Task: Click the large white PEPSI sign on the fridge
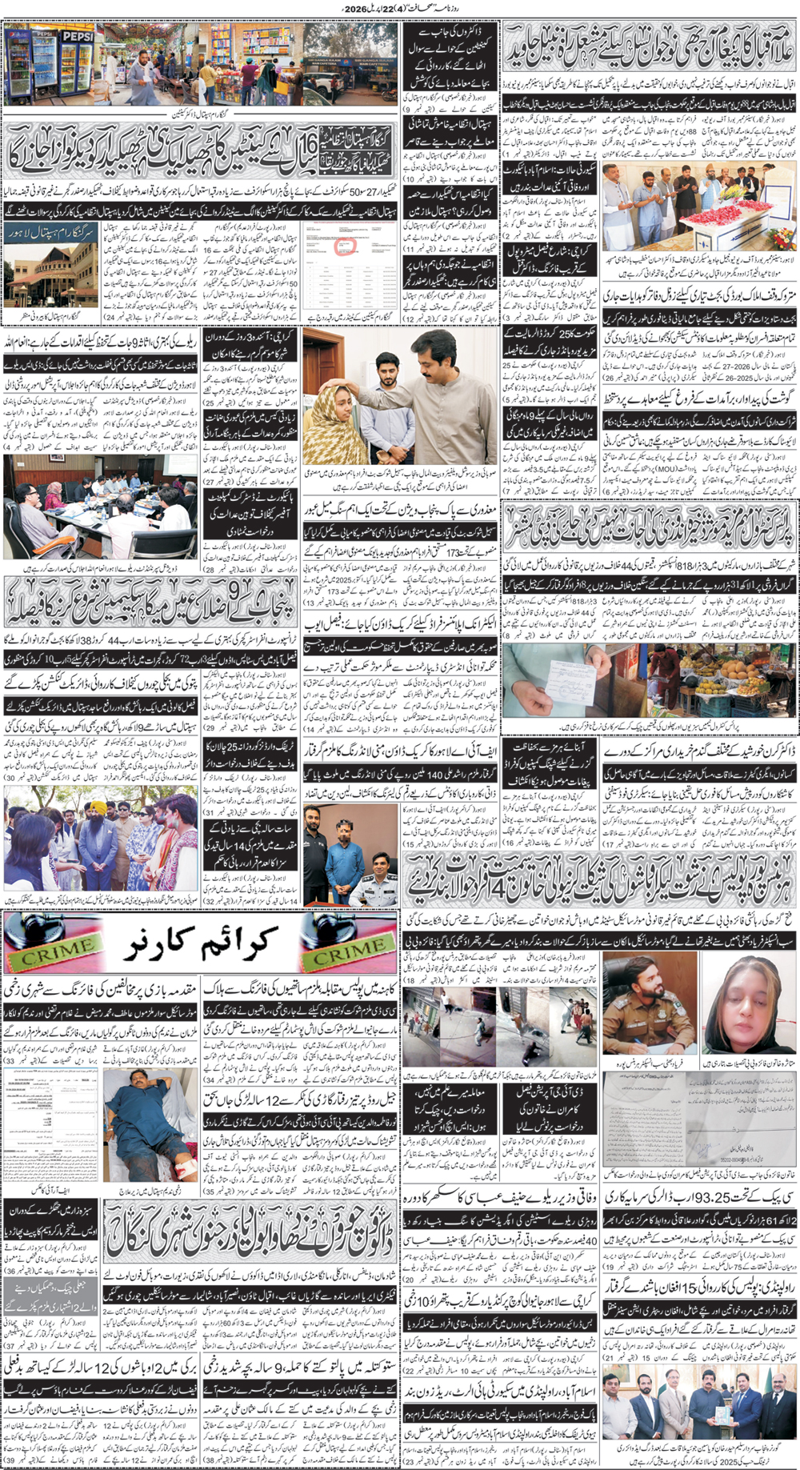click(x=78, y=37)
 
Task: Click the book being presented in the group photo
click(x=700, y=1412)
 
